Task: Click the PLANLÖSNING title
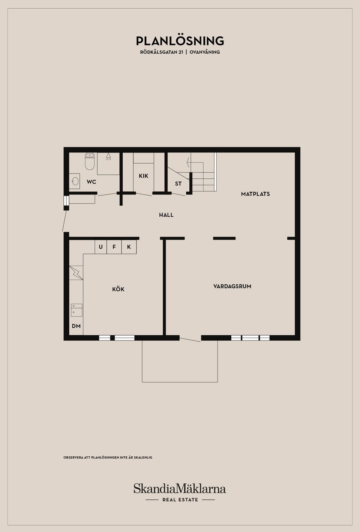click(x=180, y=40)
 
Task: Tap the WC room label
click(x=91, y=182)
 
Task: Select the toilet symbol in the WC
click(x=89, y=161)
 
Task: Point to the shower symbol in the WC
click(x=108, y=157)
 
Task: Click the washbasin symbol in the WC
click(x=75, y=181)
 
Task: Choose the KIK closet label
click(x=143, y=176)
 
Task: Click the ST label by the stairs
click(x=178, y=184)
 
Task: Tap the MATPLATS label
click(x=255, y=194)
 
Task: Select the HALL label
click(x=166, y=215)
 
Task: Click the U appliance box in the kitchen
click(x=100, y=247)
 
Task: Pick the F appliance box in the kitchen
click(x=114, y=247)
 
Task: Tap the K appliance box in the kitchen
click(x=129, y=247)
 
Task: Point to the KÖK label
click(x=118, y=289)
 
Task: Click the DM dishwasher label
click(x=76, y=326)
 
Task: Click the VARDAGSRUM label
click(x=232, y=286)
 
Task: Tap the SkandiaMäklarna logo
click(x=180, y=489)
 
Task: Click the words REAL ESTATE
click(x=180, y=500)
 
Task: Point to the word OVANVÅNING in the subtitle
click(x=205, y=52)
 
